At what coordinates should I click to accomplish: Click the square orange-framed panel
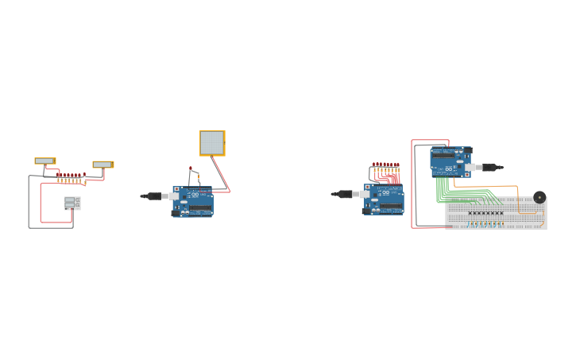(212, 143)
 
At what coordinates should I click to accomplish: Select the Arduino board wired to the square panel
(194, 203)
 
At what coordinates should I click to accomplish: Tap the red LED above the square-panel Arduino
(191, 168)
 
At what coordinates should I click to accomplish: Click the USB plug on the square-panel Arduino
(153, 195)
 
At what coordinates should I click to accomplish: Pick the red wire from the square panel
(220, 173)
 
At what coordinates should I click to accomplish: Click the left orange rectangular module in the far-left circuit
(44, 161)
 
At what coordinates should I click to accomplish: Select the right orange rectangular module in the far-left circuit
(102, 165)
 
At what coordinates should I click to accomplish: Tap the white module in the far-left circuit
(72, 203)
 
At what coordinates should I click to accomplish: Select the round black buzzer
(539, 197)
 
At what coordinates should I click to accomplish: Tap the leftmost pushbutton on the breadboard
(471, 213)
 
